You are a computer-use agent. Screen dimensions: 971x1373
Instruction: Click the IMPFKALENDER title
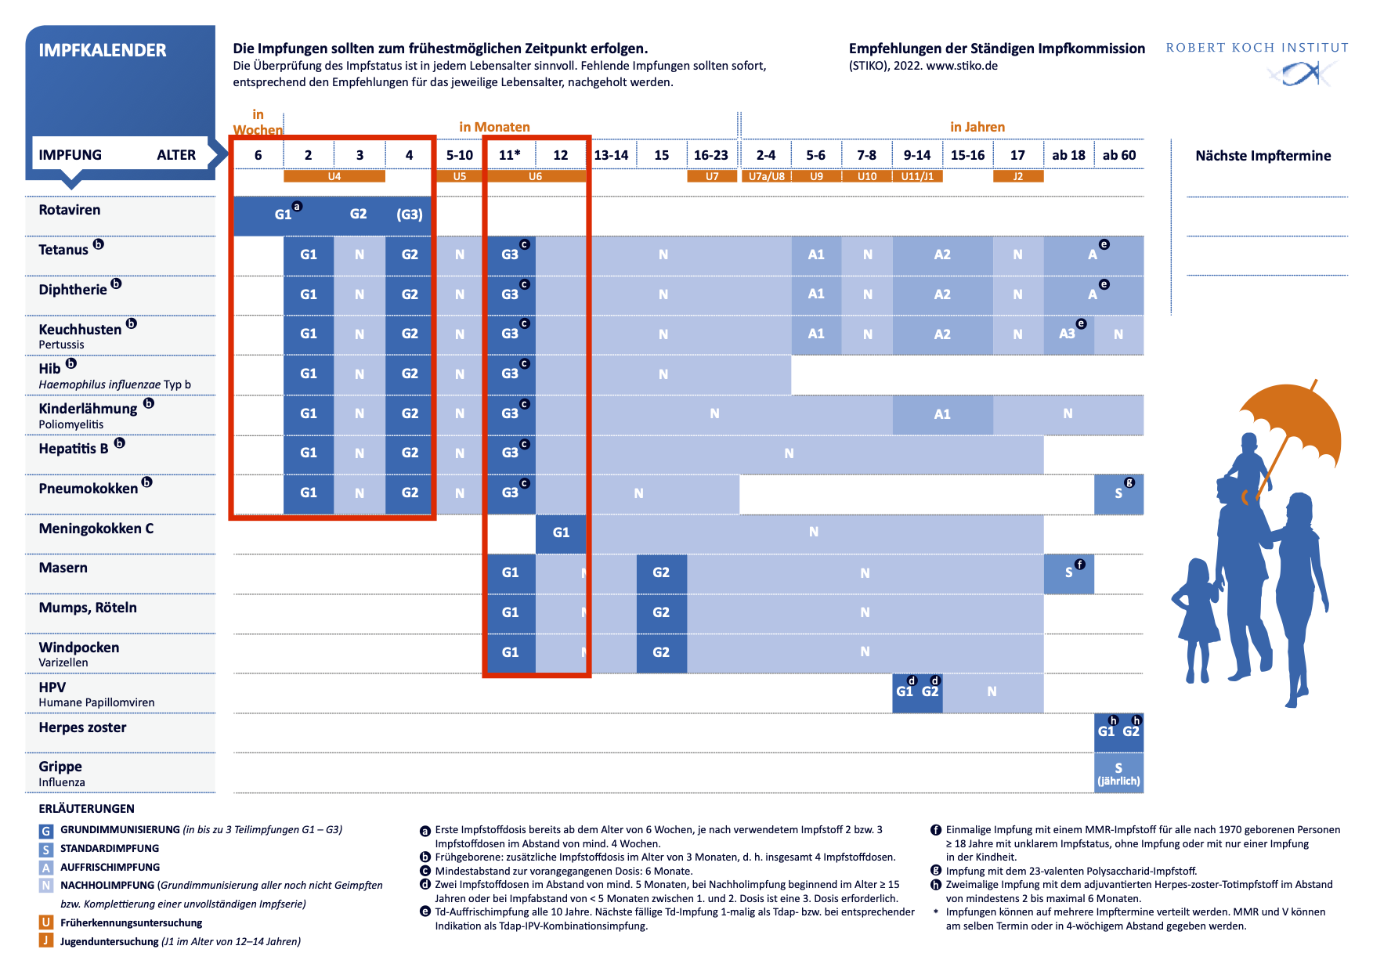tap(103, 50)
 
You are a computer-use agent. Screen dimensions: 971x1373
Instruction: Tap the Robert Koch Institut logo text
tap(1256, 48)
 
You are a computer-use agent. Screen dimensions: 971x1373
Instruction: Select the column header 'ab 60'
tap(1118, 155)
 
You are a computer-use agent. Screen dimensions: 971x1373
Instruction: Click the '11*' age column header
tap(510, 155)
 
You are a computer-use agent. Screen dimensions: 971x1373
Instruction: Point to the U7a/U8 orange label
tap(766, 176)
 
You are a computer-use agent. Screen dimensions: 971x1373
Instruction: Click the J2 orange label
tap(1017, 176)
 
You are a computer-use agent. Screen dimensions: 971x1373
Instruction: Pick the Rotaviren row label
tap(70, 210)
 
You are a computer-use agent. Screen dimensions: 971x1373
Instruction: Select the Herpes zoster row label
tap(82, 727)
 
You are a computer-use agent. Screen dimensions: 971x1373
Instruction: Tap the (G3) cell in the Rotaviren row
tap(409, 215)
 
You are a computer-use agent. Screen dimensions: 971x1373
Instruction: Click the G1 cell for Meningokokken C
tap(561, 532)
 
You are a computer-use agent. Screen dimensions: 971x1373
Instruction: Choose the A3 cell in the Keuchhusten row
tap(1068, 334)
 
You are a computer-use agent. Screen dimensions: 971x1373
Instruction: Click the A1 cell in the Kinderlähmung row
tap(942, 414)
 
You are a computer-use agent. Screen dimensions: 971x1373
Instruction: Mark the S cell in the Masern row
tap(1068, 572)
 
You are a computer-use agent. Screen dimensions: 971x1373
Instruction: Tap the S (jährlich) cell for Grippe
tap(1118, 773)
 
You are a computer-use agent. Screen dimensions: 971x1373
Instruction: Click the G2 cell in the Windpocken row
tap(661, 652)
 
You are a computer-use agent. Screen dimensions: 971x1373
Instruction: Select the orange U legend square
tap(46, 922)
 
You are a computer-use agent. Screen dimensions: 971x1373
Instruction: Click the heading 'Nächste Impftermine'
tap(1263, 156)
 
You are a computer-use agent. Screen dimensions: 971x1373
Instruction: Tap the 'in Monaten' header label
tap(494, 127)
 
